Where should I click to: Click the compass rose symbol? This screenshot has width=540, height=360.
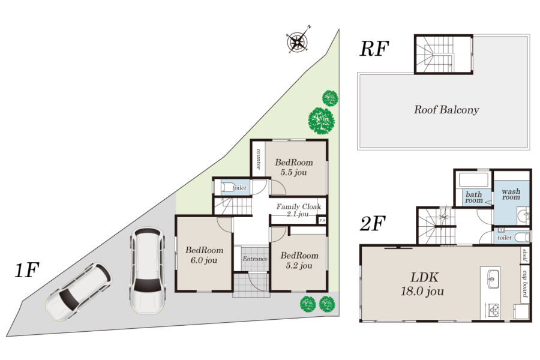297,41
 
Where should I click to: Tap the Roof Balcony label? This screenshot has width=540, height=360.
446,110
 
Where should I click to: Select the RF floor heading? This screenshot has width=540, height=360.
374,48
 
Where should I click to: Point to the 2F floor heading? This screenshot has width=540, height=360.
373,224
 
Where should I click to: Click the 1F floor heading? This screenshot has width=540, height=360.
27,270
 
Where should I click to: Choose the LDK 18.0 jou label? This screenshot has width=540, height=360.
422,284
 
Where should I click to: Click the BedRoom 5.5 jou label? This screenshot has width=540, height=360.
294,167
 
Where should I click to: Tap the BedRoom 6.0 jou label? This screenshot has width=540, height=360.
204,255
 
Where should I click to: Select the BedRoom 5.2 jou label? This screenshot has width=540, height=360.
299,260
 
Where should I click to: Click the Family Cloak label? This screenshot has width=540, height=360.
299,206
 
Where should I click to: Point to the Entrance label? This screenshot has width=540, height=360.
255,259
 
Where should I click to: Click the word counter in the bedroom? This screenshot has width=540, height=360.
258,158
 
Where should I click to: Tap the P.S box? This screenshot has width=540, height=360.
322,220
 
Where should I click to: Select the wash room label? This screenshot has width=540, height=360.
511,194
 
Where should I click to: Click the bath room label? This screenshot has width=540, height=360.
474,197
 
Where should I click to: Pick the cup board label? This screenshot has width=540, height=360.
524,284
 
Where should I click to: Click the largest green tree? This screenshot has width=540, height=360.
322,121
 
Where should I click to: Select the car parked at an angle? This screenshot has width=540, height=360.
79,292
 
